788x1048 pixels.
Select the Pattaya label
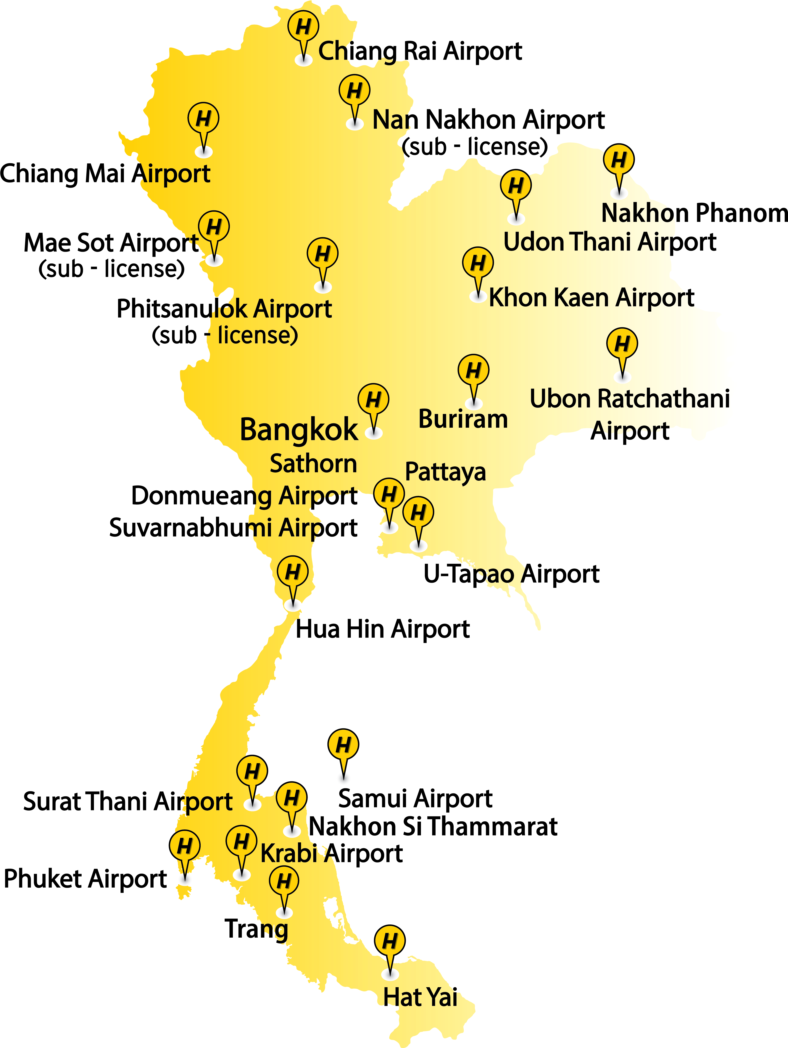[x=445, y=472]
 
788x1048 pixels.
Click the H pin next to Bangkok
[x=373, y=400]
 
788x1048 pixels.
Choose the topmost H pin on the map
[x=303, y=27]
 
